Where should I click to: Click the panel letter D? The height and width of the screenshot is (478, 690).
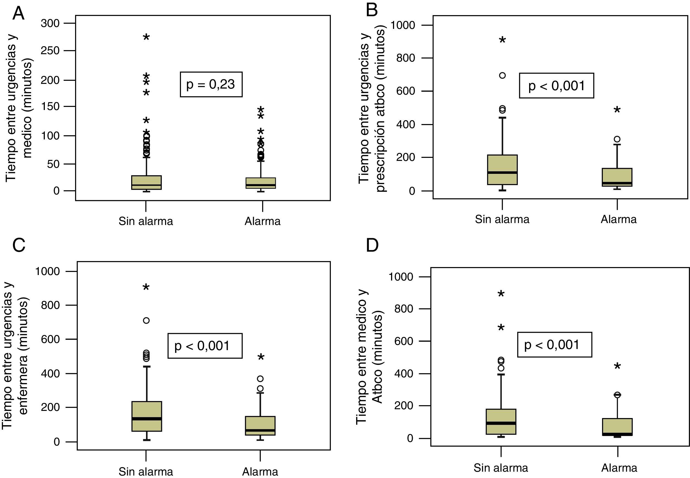pos(372,245)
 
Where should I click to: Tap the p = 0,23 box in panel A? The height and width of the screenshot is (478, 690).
pos(211,84)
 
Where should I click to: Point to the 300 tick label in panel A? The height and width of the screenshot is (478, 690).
pos(50,23)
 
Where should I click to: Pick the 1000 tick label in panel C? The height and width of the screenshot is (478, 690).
pos(48,271)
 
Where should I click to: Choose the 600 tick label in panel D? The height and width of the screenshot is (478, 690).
pos(403,341)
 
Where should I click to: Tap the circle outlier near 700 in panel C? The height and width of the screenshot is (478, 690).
pos(146,320)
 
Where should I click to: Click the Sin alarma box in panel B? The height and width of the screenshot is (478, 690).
pos(502,169)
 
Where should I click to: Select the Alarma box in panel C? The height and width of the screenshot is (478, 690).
pos(260,425)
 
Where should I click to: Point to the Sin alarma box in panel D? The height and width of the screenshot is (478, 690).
pos(501,422)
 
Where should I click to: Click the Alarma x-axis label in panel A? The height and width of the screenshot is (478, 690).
pos(262,221)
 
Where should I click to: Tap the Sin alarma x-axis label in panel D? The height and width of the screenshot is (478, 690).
pos(501,468)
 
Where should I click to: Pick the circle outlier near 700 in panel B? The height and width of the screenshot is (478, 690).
pos(502,75)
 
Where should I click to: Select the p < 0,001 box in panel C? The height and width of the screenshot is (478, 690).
pos(205,346)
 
